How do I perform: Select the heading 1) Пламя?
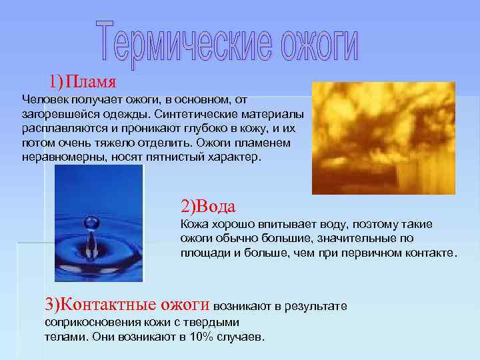point(83,83)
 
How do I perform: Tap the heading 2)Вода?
point(208,205)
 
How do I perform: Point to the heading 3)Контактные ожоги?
point(127,305)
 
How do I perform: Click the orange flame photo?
point(383,137)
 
